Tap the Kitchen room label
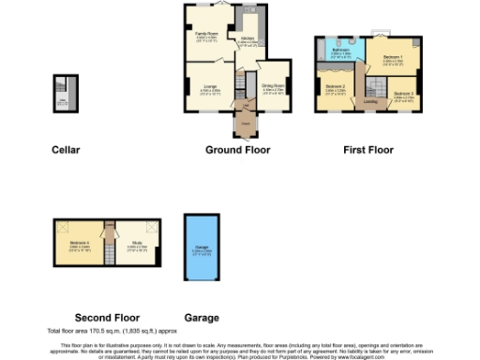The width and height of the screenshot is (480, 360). pyautogui.click(x=247, y=40)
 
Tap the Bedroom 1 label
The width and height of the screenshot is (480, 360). pyautogui.click(x=393, y=58)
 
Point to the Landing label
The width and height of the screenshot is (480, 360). pyautogui.click(x=371, y=104)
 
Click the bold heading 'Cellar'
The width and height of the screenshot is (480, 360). pyautogui.click(x=66, y=150)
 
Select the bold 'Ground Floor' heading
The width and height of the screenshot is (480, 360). pyautogui.click(x=237, y=150)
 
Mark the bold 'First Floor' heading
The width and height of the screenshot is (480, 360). pyautogui.click(x=368, y=150)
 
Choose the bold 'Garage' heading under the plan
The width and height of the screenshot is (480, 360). pyautogui.click(x=202, y=317)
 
